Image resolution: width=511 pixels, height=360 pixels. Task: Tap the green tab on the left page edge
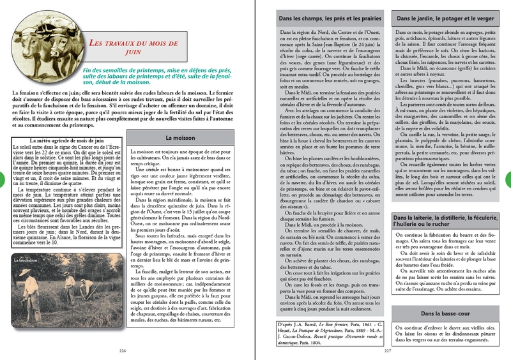pos(4,180)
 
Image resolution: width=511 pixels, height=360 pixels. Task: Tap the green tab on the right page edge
pos(507,180)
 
